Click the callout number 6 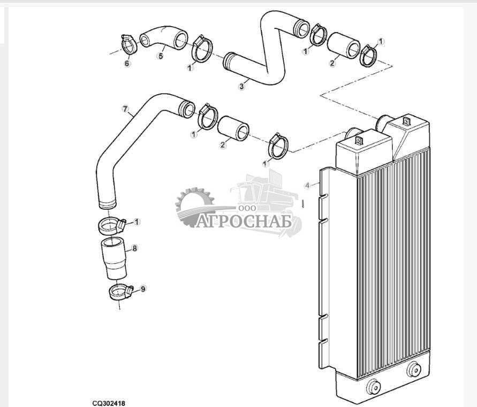pos(127,64)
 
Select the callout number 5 pos(161,56)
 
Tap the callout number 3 pos(241,87)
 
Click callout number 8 pos(135,248)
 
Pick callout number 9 pos(143,289)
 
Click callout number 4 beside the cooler pos(307,185)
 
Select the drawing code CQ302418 pos(109,403)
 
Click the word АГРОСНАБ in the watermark pos(244,221)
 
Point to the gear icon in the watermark pos(195,206)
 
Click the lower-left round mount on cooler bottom pos(373,387)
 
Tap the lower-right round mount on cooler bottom pos(414,370)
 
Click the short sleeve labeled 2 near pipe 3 pos(344,45)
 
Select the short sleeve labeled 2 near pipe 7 pos(233,128)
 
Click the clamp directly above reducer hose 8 pos(112,226)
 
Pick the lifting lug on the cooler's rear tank pos(406,121)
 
